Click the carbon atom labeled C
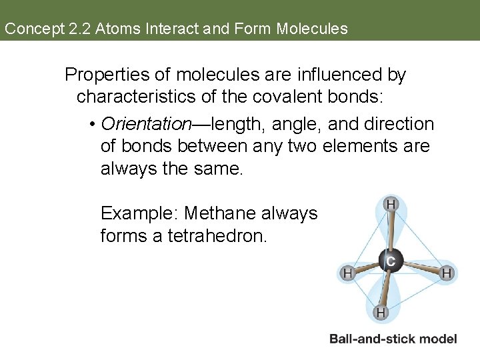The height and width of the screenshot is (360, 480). pyautogui.click(x=390, y=261)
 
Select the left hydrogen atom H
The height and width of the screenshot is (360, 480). pyautogui.click(x=347, y=273)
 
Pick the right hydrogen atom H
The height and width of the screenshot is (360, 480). pyautogui.click(x=447, y=273)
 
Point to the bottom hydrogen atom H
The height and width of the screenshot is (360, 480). pyautogui.click(x=381, y=311)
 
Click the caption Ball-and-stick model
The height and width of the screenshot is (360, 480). pyautogui.click(x=393, y=339)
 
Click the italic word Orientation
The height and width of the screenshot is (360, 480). pyautogui.click(x=146, y=124)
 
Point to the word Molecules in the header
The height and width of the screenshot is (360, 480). pyautogui.click(x=312, y=29)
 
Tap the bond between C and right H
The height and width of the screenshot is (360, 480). pyautogui.click(x=418, y=267)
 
